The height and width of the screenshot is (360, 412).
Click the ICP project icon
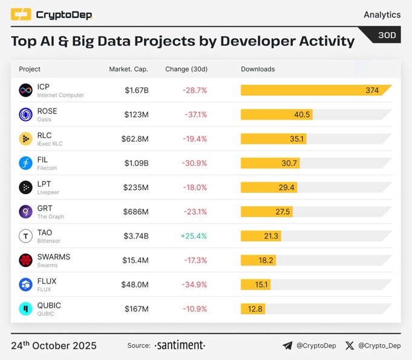click(x=25, y=91)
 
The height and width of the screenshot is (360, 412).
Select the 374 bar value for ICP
click(x=372, y=91)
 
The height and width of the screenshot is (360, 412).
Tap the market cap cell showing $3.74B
click(x=136, y=236)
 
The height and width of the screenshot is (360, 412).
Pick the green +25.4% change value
click(x=195, y=236)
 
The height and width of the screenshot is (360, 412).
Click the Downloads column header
click(x=258, y=69)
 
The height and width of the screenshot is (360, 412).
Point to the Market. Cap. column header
click(x=128, y=69)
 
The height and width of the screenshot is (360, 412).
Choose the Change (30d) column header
click(x=185, y=69)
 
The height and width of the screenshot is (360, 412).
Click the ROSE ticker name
click(x=47, y=111)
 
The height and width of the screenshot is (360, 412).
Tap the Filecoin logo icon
click(x=25, y=163)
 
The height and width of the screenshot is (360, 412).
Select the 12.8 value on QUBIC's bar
click(x=255, y=309)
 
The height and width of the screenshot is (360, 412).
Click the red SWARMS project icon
click(x=25, y=260)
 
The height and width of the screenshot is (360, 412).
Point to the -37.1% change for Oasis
click(x=195, y=115)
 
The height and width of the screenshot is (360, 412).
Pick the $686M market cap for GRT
click(x=136, y=212)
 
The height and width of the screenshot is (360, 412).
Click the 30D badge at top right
click(x=387, y=36)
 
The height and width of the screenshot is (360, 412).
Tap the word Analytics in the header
click(x=382, y=15)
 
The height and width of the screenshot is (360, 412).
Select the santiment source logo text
click(x=180, y=345)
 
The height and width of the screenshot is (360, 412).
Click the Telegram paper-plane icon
click(x=287, y=346)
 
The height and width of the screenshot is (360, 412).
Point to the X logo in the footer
click(x=349, y=346)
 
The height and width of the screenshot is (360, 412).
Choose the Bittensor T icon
click(x=25, y=236)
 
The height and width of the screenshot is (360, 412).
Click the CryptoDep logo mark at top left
click(x=21, y=15)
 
